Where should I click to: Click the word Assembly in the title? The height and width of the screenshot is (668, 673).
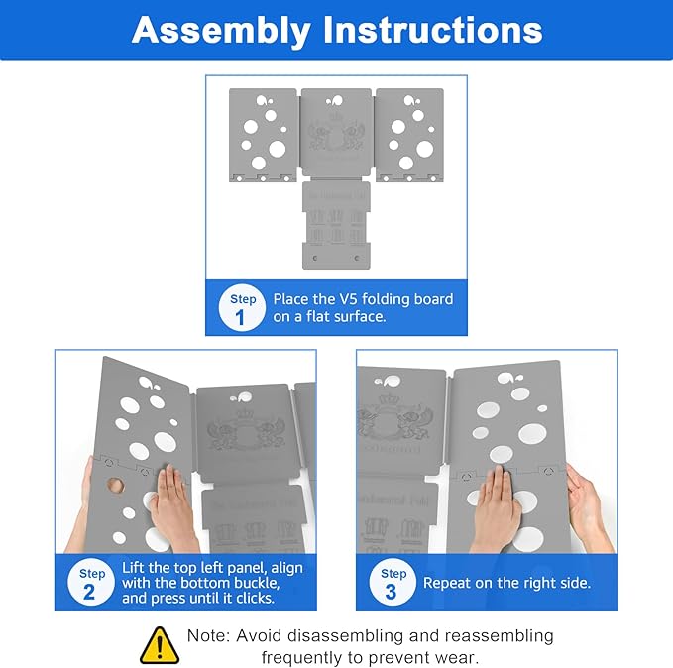pyautogui.click(x=218, y=30)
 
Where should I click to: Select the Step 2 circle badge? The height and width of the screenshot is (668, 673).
pyautogui.click(x=92, y=583)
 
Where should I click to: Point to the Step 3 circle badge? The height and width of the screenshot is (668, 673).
pyautogui.click(x=393, y=583)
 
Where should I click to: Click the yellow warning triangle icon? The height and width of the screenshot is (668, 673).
pyautogui.click(x=160, y=644)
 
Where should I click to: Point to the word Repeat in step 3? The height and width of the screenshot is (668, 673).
pyautogui.click(x=448, y=583)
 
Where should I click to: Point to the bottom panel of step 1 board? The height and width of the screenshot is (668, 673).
pyautogui.click(x=336, y=226)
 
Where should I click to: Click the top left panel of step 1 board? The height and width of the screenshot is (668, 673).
pyautogui.click(x=263, y=134)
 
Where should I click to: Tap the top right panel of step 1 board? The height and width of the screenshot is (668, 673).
pyautogui.click(x=408, y=134)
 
